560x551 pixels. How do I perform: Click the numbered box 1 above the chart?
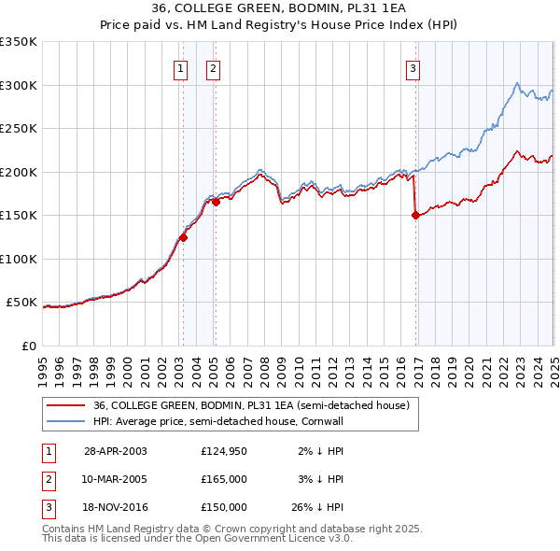(178, 67)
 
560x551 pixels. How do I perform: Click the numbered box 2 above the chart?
(214, 67)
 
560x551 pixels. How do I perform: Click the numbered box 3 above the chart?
(413, 67)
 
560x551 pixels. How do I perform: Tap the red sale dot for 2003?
(184, 237)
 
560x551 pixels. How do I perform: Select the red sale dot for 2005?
(216, 201)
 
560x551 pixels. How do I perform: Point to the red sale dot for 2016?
(414, 215)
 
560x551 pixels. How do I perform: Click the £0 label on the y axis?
(27, 346)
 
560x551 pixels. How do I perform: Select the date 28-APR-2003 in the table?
(116, 451)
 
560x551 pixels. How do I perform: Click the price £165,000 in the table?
(224, 479)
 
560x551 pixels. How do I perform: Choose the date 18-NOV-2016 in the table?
(116, 507)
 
